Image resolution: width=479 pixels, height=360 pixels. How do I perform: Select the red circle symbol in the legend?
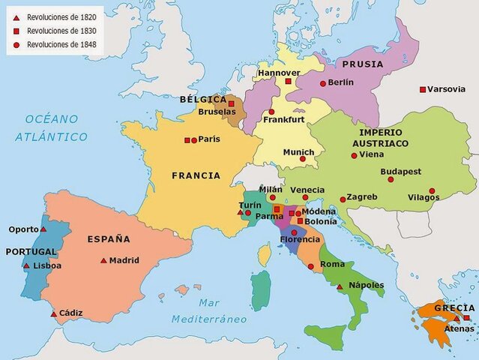tap(16, 45)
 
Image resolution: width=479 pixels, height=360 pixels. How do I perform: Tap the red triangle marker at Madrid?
tap(103, 261)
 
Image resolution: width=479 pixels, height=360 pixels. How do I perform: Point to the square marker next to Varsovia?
tap(423, 90)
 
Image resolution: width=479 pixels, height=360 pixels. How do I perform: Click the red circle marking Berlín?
tap(322, 83)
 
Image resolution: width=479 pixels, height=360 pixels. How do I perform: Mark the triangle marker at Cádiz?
tap(53, 313)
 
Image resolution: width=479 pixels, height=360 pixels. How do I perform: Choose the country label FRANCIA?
tap(196, 176)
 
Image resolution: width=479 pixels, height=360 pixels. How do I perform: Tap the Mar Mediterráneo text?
tap(209, 310)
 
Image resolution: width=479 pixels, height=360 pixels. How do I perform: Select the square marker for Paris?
tap(187, 140)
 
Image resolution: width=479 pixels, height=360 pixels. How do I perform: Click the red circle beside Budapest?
tap(391, 179)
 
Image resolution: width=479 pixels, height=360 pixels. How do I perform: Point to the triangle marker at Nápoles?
tap(340, 286)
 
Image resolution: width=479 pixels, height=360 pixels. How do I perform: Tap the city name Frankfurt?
tap(284, 119)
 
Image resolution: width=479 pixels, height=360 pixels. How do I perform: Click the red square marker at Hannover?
tap(288, 81)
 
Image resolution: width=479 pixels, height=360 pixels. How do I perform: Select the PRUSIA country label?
tap(363, 64)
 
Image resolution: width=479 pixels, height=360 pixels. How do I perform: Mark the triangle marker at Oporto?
tap(43, 229)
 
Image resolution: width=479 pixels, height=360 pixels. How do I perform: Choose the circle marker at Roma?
tap(311, 266)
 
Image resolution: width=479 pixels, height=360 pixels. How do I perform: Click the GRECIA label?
tap(454, 308)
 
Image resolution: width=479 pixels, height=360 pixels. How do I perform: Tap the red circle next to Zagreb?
tap(343, 199)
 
